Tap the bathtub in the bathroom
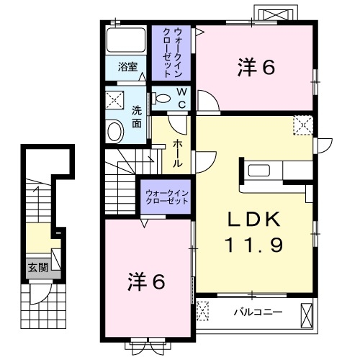pos(126,40)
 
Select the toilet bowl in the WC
pos(162,99)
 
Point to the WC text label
pos(181,99)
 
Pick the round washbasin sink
pos(114,131)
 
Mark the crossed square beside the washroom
pos(114,99)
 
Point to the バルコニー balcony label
pos(258,312)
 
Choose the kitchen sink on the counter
pos(258,171)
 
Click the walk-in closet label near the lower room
pos(166,197)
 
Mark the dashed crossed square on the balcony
pos(204,311)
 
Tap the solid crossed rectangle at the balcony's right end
pos(307,312)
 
